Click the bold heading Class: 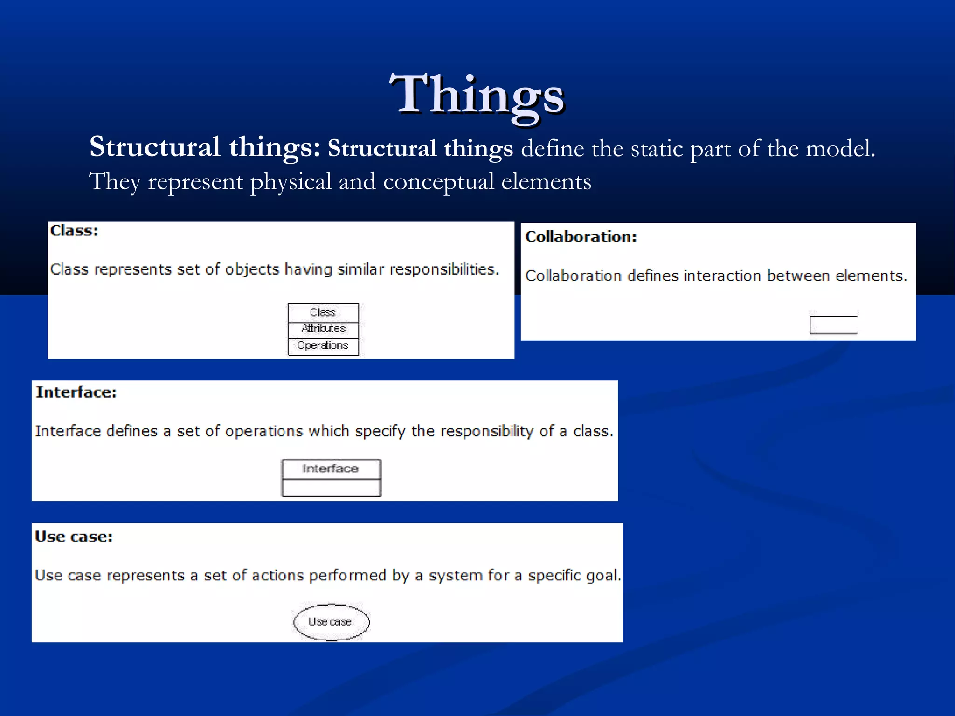coord(74,231)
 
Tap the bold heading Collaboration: coord(581,237)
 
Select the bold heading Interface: coord(76,392)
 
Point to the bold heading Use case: coord(74,537)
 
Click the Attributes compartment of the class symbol coord(323,329)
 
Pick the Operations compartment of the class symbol coord(323,346)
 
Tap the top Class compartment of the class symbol coord(323,312)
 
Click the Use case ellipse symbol coord(331,622)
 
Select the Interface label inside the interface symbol coord(331,468)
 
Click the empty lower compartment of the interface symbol coord(331,488)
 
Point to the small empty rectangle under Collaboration coord(833,324)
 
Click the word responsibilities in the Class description coord(444,269)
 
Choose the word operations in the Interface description coord(264,431)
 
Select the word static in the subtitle coord(657,149)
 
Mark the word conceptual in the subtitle coord(438,181)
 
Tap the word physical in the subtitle coord(291,181)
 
